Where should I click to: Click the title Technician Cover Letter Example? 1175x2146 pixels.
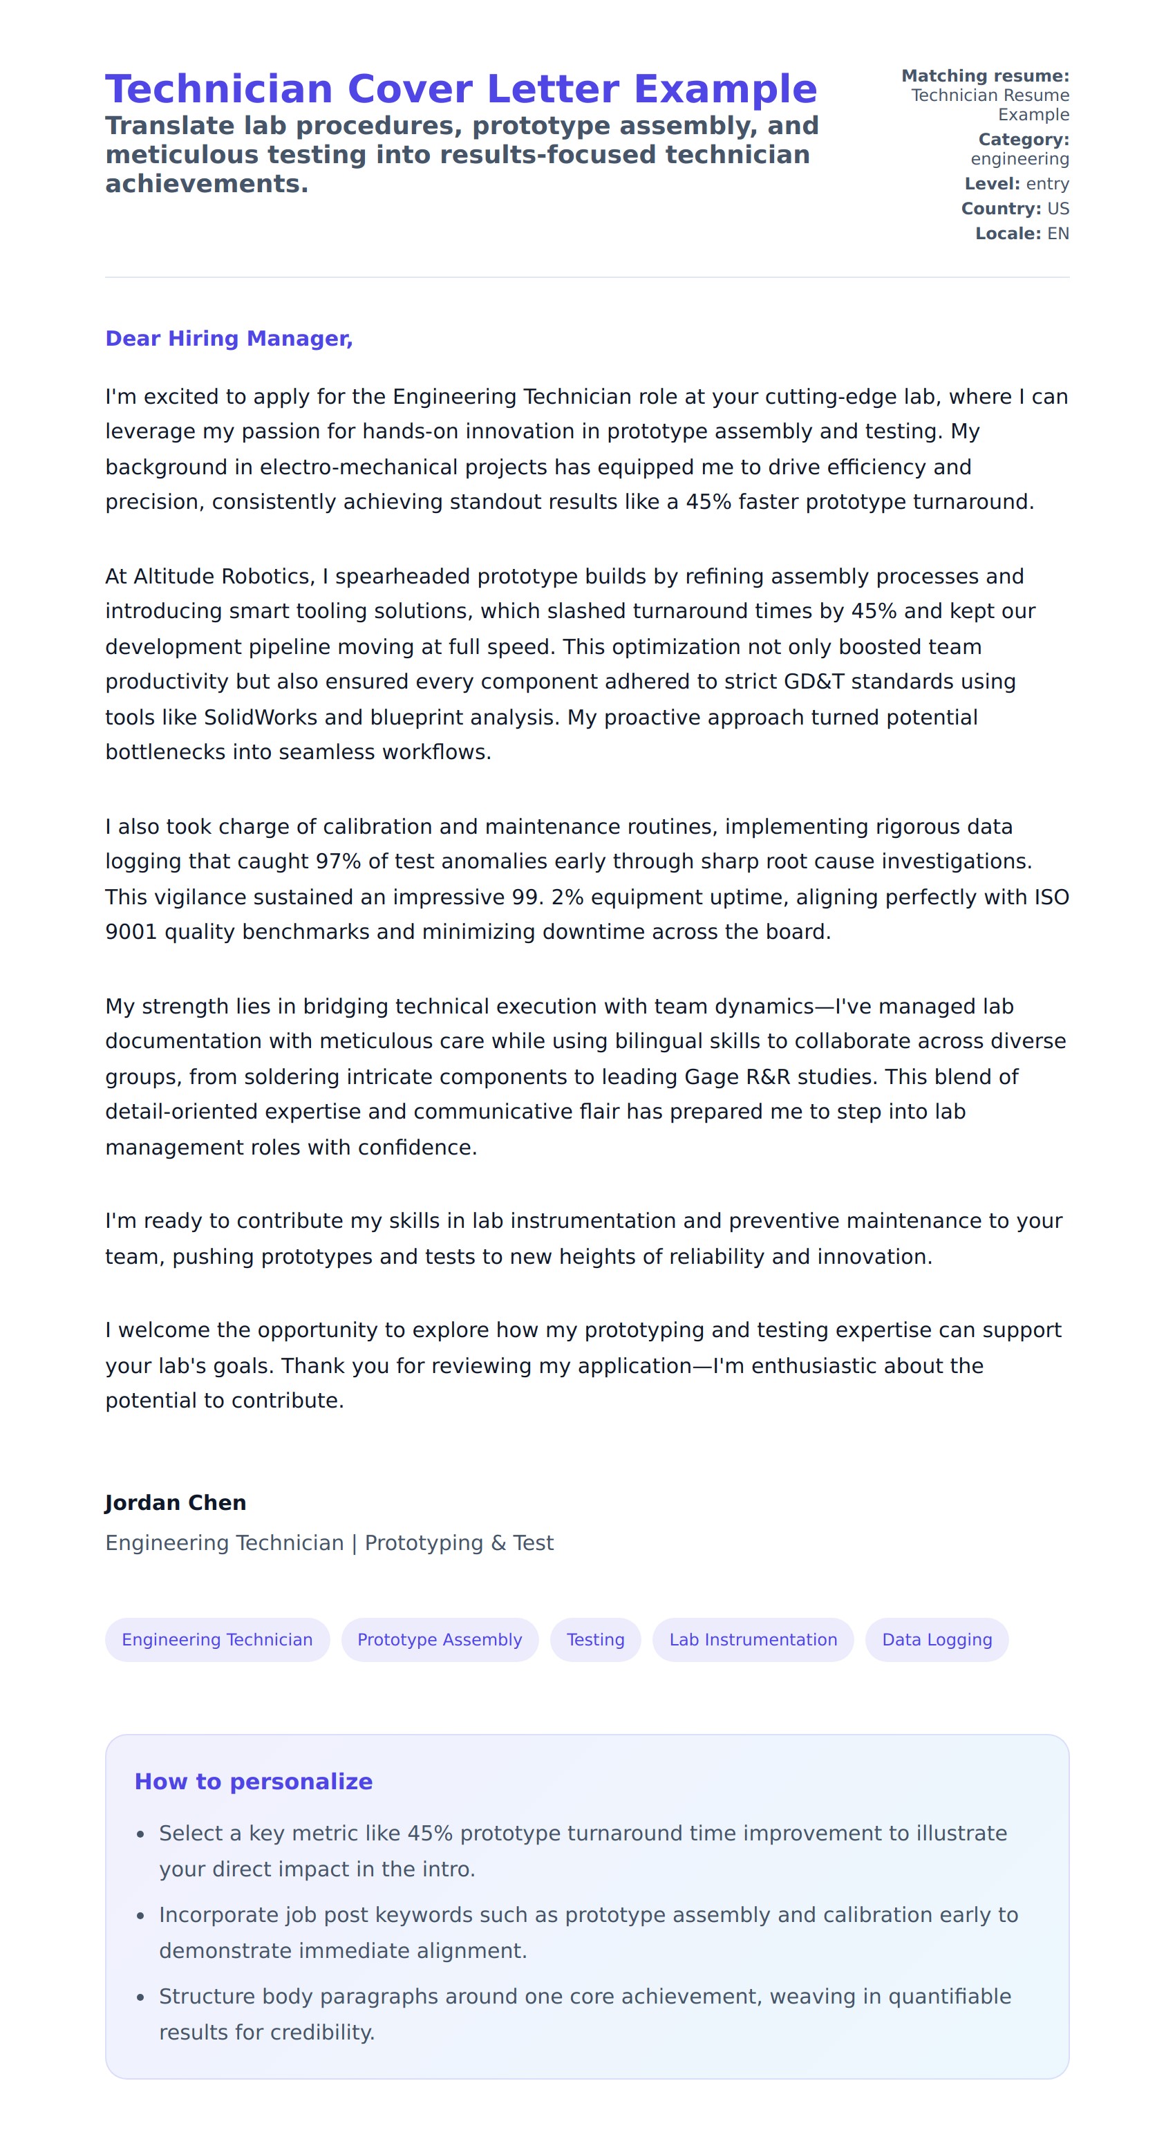[x=460, y=89]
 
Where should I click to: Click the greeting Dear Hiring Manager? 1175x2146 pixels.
[x=229, y=338]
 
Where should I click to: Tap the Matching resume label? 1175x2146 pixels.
[x=985, y=76]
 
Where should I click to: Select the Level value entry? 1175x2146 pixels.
[x=1048, y=183]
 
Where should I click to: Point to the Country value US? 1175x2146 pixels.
[x=1057, y=208]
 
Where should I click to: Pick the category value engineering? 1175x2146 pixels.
[x=1019, y=158]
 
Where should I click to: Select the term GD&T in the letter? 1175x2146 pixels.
[x=814, y=682]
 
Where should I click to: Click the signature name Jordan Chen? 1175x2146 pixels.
[x=176, y=1502]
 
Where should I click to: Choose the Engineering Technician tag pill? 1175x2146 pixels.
[x=217, y=1639]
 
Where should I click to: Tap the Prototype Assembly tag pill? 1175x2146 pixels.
[x=440, y=1639]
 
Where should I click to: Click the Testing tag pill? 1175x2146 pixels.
[x=595, y=1639]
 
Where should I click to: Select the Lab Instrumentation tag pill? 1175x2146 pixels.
[x=753, y=1639]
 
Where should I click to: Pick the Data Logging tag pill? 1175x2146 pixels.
[x=937, y=1639]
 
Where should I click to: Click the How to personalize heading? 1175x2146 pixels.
[x=253, y=1781]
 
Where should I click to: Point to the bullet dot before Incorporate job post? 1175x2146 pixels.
[x=141, y=1916]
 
